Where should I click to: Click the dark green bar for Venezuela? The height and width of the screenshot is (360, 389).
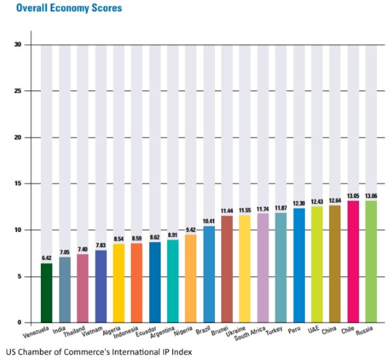tap(46, 293)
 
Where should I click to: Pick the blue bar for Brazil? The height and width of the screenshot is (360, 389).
tap(209, 274)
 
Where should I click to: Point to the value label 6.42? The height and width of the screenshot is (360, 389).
tap(46, 259)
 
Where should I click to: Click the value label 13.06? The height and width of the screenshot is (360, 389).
tap(371, 196)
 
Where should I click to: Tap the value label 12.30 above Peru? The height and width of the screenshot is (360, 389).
tap(299, 204)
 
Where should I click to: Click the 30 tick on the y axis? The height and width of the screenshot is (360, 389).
tap(18, 45)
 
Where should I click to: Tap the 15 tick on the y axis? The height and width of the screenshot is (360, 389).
tap(18, 184)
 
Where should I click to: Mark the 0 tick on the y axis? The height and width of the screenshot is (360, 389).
tap(20, 323)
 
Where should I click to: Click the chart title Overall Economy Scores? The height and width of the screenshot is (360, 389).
tap(69, 8)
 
